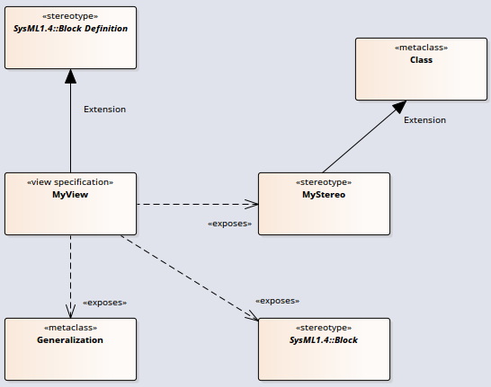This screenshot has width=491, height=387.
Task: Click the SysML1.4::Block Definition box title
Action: point(70,29)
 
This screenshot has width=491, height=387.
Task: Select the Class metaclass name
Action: point(421,59)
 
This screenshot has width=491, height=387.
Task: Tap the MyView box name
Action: point(70,195)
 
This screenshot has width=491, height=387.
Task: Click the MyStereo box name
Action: point(324,195)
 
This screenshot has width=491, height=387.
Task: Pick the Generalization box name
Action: point(70,339)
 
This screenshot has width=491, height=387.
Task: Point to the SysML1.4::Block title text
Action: point(324,339)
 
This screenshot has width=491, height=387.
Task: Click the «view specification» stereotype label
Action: point(70,182)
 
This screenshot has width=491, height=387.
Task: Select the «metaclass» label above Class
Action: point(421,48)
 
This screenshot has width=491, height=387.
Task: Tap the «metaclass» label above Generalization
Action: point(70,328)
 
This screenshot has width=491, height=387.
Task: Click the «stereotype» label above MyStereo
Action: point(324,182)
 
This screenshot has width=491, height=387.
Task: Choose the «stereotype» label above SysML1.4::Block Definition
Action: point(70,16)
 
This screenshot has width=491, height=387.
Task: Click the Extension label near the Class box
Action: point(424,120)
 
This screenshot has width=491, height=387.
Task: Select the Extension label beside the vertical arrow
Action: point(104,110)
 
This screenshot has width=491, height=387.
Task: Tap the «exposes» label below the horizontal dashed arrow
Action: point(230,224)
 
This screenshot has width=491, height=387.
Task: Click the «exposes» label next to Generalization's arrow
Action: point(104,303)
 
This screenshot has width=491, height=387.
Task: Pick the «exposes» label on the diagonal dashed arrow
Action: point(278,301)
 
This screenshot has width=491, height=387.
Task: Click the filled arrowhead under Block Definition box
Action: point(70,76)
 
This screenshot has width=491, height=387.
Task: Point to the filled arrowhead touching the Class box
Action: point(399,107)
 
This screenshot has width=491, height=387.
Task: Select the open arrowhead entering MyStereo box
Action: point(252,204)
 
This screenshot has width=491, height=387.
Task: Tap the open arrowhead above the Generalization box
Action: point(70,312)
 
